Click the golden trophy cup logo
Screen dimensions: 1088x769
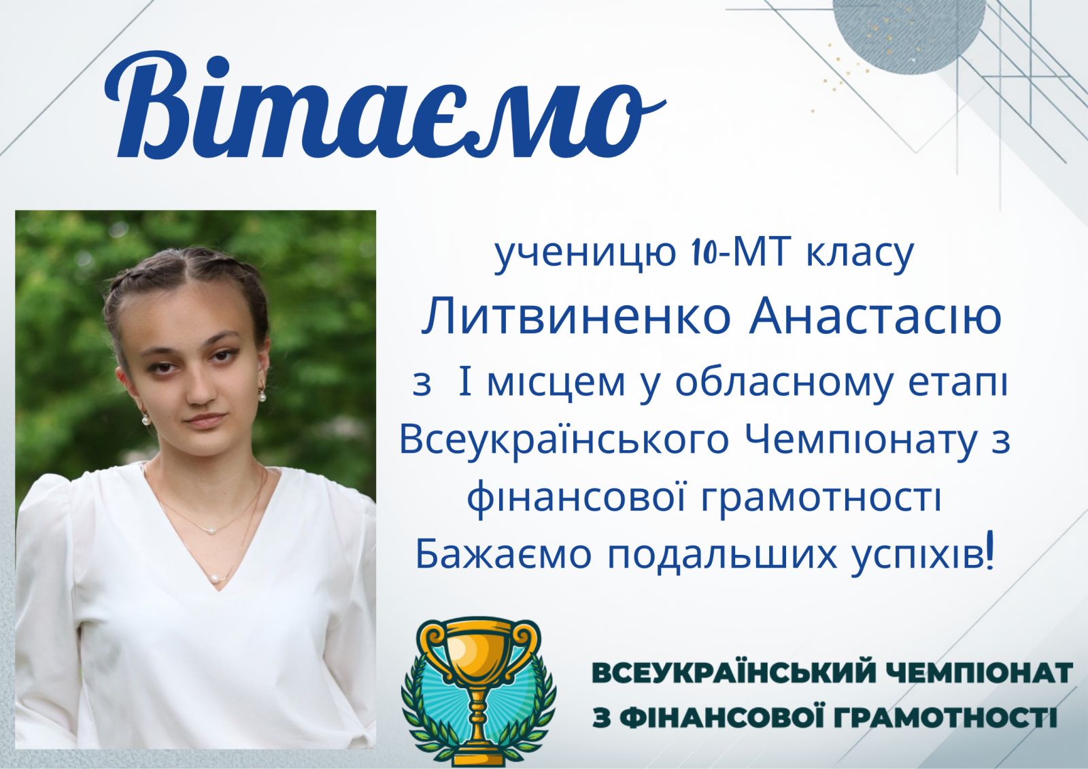click(479, 691)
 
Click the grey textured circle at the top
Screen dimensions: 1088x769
click(908, 29)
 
